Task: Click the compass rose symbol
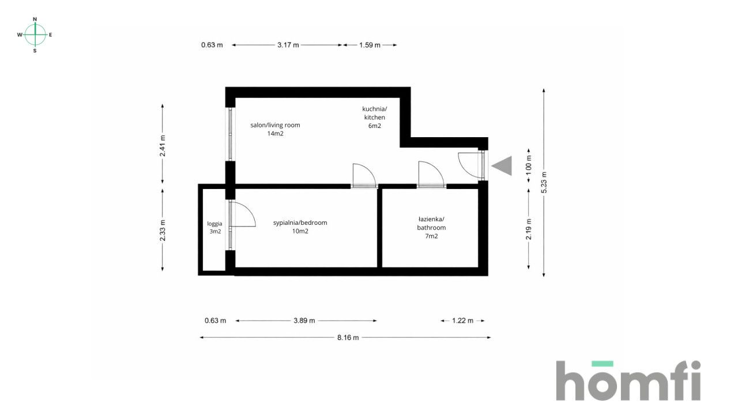pos(35,35)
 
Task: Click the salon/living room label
pos(275,129)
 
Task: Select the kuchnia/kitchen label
pos(374,117)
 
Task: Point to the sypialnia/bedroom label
pos(300,227)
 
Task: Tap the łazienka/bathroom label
pos(431,227)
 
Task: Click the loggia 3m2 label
pos(215,227)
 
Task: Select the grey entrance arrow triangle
pos(502,166)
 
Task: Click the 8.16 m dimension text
pos(348,338)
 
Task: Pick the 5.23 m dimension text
pos(544,183)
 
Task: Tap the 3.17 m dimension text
pos(288,45)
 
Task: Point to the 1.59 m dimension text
pos(370,45)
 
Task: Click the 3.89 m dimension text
pos(304,321)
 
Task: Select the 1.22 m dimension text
pos(462,321)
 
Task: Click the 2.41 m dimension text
pos(163,146)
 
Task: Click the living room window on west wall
pos(230,134)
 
